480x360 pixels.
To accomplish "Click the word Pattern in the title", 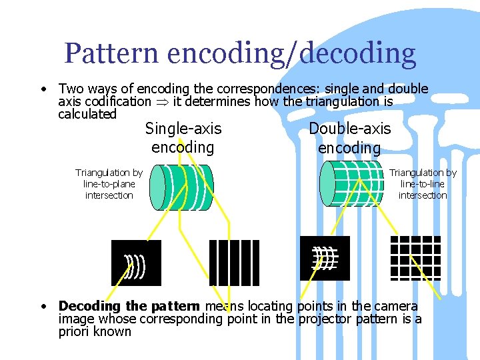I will [111, 53].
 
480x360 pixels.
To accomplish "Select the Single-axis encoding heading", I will [183, 137].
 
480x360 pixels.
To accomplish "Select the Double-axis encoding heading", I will [349, 138].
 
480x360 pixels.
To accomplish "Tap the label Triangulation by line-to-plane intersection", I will [109, 184].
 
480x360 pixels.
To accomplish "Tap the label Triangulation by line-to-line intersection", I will [423, 184].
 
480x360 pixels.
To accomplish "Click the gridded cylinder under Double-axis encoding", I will [351, 183].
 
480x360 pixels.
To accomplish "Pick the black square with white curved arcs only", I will [136, 263].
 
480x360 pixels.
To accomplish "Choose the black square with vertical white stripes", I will [234, 263].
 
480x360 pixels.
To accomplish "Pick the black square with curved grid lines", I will [325, 258].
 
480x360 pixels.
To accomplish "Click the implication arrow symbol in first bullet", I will [163, 102].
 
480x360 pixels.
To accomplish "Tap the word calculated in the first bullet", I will [87, 115].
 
